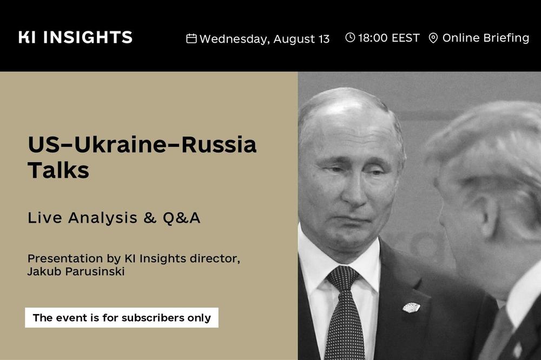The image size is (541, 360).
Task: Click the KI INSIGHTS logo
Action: coord(75,37)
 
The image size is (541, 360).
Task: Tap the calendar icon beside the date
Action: coord(192,38)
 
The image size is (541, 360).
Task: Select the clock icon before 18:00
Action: coord(350,37)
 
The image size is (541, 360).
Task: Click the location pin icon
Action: coord(433,38)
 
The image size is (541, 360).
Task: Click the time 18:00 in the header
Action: coord(373,38)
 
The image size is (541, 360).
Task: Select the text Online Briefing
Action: coord(486,38)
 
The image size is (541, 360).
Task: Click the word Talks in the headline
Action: coord(58,170)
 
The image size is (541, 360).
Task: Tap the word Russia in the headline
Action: coord(219,144)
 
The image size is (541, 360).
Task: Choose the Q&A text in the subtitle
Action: coord(181,218)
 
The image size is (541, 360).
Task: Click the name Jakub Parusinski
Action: coord(76,271)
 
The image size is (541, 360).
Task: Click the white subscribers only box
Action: coord(122,318)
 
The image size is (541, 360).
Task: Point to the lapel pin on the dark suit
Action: coord(411,307)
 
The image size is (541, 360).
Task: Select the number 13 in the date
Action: coord(324,39)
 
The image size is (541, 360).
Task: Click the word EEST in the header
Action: coord(406,38)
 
